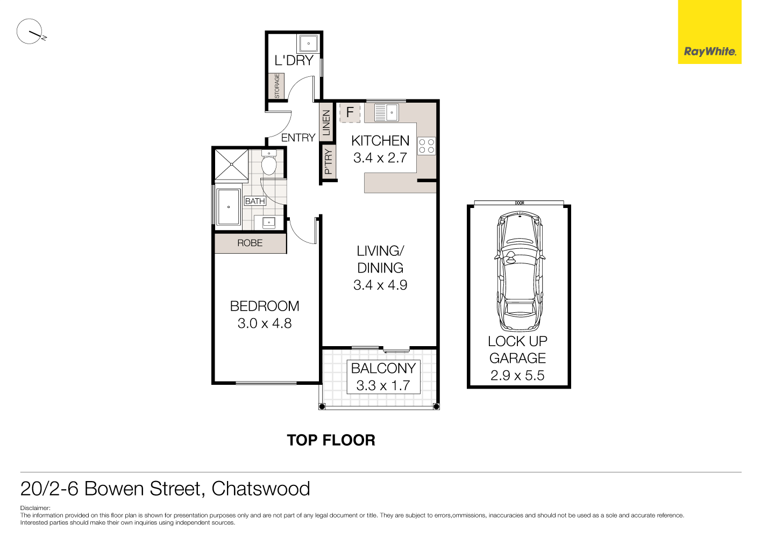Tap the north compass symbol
point(30,32)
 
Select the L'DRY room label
point(294,61)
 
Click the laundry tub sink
point(309,43)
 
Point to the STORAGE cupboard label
point(276,86)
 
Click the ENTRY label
point(298,138)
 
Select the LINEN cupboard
point(326,123)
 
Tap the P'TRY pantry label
point(328,161)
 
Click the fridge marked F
point(350,112)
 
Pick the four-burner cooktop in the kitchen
point(426,146)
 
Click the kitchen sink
point(386,113)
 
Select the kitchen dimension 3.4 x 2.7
point(380,158)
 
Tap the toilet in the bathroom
point(268,163)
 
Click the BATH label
point(255,201)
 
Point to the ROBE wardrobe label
point(250,243)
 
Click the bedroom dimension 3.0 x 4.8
point(265,324)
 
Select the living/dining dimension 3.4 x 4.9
point(380,285)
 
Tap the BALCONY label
point(383,369)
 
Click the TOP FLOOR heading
point(331,440)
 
